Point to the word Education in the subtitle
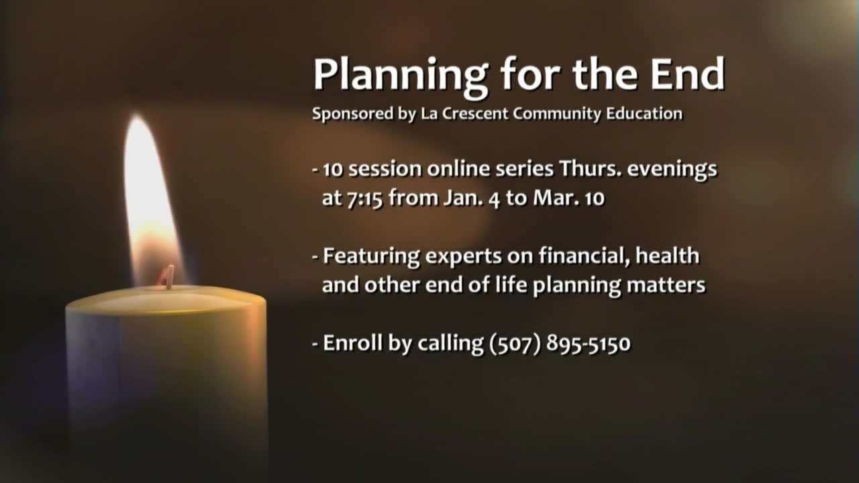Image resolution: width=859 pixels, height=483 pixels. click(x=644, y=114)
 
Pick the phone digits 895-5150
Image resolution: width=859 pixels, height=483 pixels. click(x=589, y=344)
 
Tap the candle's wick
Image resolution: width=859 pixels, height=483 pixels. click(x=168, y=276)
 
